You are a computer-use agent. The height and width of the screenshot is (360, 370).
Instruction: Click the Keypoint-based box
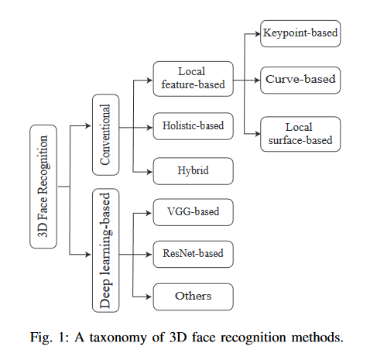(x=300, y=33)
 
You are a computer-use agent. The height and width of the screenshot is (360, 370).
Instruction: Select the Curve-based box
(x=300, y=80)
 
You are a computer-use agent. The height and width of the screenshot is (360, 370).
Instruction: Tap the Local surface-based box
(x=300, y=134)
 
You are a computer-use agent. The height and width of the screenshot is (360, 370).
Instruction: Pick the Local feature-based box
(x=194, y=79)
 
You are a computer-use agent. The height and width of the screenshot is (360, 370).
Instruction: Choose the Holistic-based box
(x=194, y=126)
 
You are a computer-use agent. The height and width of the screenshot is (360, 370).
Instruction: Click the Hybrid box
(x=194, y=171)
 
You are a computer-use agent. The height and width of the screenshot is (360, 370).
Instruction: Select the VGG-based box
(x=194, y=212)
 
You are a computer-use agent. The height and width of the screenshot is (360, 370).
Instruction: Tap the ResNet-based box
(x=194, y=254)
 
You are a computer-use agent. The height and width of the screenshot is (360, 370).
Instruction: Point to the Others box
(x=194, y=297)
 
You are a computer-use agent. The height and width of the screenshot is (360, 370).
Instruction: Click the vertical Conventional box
(x=106, y=135)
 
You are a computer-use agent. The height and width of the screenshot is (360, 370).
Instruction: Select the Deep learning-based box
(x=106, y=250)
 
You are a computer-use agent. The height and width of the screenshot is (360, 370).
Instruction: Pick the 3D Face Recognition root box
(x=43, y=187)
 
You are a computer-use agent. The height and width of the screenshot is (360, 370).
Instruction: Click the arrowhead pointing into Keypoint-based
(x=258, y=34)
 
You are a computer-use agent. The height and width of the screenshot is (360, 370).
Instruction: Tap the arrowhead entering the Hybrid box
(x=150, y=172)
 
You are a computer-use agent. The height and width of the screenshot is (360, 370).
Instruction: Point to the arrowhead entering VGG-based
(x=149, y=213)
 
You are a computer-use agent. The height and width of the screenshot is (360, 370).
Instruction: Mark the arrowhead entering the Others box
(x=149, y=297)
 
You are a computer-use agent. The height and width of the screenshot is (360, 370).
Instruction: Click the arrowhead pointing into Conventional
(x=88, y=125)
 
